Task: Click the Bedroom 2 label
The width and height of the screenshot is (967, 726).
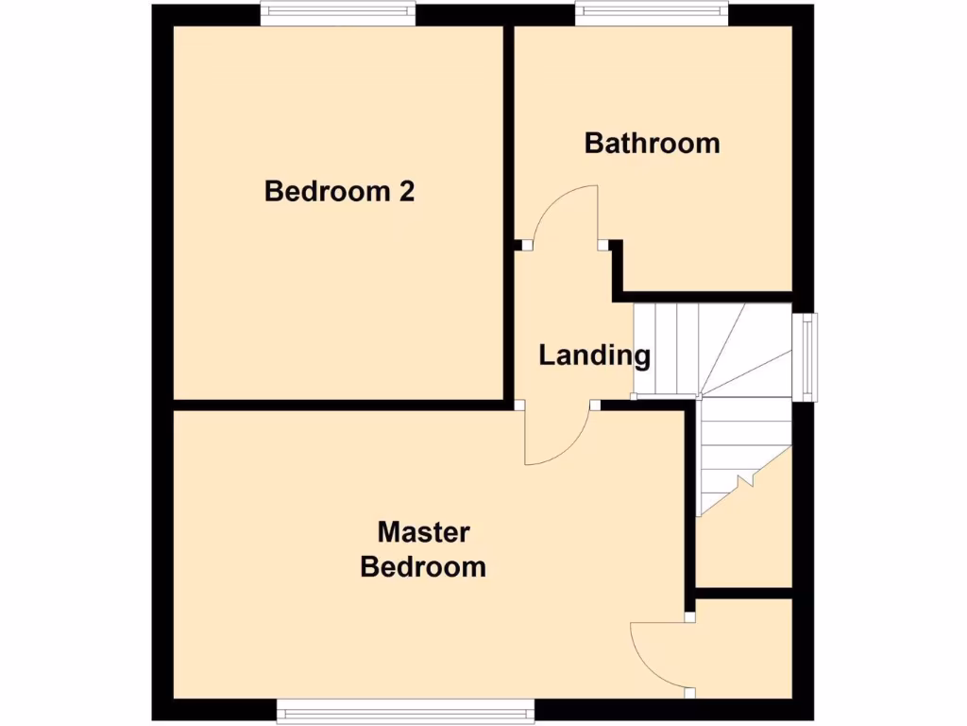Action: (x=339, y=192)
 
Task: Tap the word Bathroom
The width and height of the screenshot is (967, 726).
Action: (x=652, y=144)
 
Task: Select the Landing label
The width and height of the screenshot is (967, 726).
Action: (x=594, y=356)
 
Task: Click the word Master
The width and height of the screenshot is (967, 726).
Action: (x=423, y=532)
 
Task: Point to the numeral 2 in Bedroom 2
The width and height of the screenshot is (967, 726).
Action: (x=406, y=192)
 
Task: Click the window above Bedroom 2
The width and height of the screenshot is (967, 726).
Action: (x=337, y=11)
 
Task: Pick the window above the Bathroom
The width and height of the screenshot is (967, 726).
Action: (x=652, y=11)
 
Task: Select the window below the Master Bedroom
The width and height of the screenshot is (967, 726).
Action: (x=405, y=711)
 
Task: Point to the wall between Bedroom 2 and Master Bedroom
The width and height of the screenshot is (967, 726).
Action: (x=340, y=406)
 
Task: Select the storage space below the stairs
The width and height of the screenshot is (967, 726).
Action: (x=746, y=548)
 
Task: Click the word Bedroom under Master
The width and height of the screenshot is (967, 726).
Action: (x=423, y=567)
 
